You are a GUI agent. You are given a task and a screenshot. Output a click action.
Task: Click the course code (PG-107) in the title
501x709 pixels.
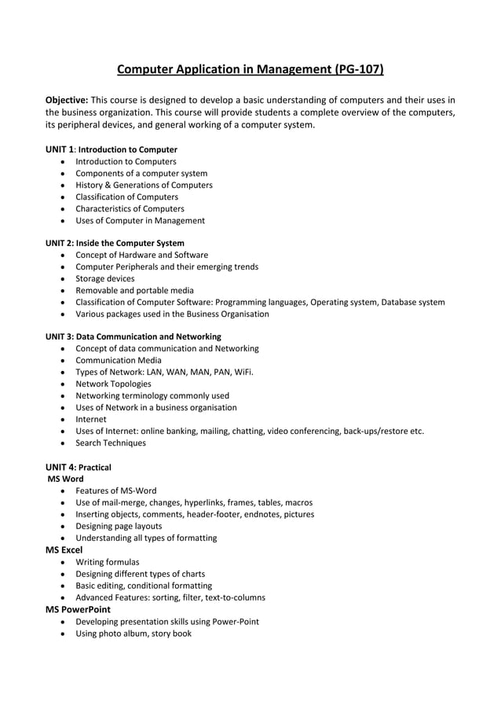358,70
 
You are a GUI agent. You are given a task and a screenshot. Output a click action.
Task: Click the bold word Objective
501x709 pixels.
66,100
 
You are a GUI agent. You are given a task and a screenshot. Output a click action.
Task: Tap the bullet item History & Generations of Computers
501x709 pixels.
144,185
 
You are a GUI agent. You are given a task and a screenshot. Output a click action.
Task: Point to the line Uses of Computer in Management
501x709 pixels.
140,221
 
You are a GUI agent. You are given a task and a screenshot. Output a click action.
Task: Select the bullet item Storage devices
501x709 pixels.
104,278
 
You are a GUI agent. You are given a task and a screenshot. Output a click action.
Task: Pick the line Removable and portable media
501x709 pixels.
134,290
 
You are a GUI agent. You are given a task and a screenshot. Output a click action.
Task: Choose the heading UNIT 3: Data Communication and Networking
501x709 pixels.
133,336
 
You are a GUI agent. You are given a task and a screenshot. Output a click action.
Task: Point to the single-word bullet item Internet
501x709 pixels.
90,419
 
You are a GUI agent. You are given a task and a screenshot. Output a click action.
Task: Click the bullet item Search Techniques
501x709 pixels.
111,443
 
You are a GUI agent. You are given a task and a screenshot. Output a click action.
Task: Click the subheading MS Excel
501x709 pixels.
64,549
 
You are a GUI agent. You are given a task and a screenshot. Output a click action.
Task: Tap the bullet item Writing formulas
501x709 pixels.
108,562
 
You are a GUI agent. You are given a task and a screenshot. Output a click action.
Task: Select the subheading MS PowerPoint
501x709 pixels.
78,609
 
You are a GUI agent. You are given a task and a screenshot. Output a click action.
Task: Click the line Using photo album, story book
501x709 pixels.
133,633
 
